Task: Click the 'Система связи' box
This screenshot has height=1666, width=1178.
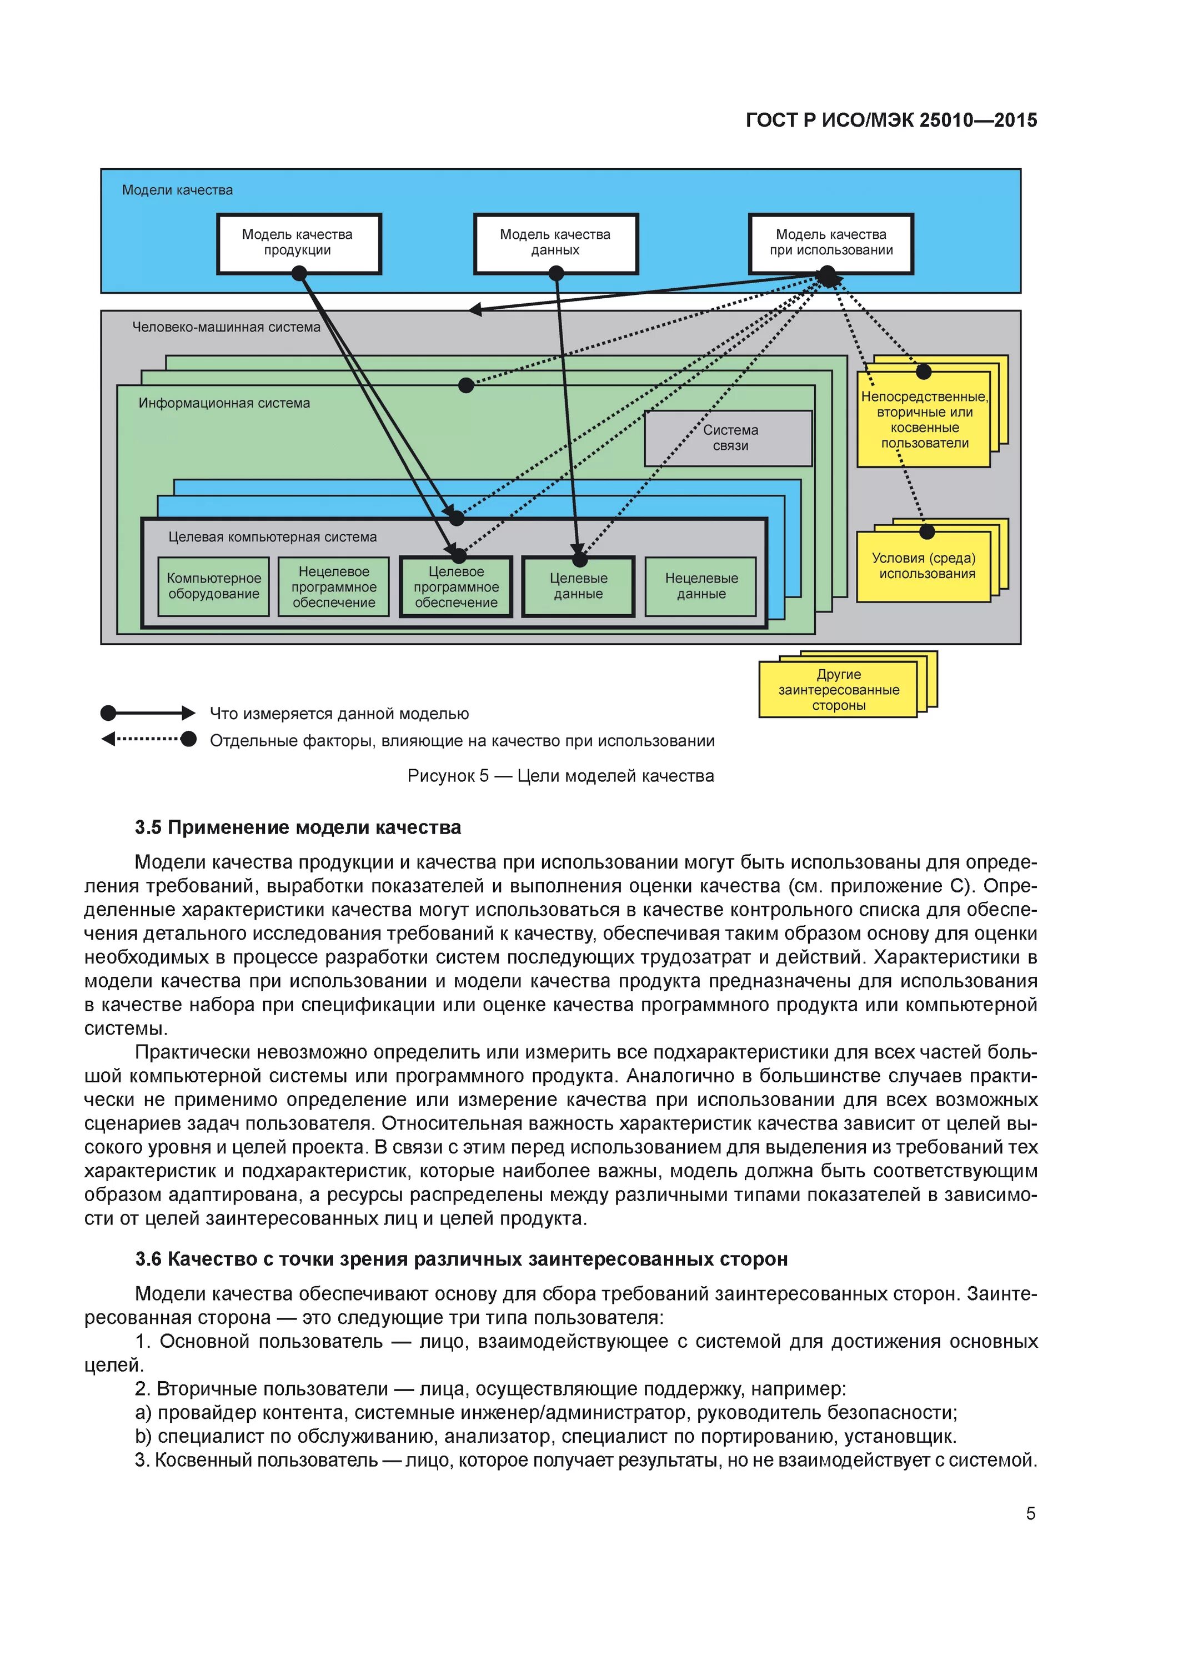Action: (729, 438)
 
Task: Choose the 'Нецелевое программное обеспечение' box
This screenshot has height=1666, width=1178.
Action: (334, 587)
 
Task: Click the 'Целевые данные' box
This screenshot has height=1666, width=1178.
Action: (579, 586)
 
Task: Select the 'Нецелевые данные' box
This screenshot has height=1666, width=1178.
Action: (701, 586)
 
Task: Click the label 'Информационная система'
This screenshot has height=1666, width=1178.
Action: (224, 403)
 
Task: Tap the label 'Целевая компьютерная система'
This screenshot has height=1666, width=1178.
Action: (272, 538)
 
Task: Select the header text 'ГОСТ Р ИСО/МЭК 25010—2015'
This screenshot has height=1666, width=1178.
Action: (891, 121)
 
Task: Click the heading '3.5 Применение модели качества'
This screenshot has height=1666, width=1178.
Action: (298, 827)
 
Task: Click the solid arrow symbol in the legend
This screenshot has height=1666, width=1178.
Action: (148, 713)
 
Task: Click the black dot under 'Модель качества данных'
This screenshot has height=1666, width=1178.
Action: (557, 274)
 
